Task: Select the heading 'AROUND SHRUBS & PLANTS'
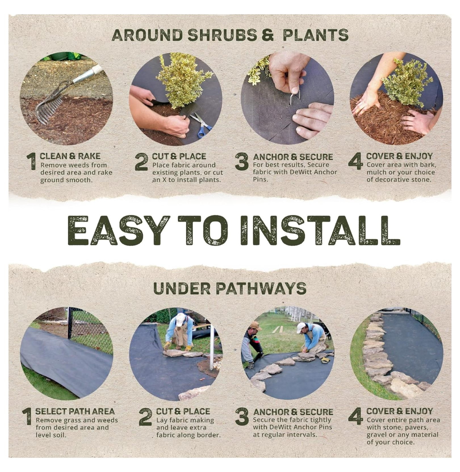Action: click(x=230, y=35)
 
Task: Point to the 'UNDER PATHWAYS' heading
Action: click(x=230, y=288)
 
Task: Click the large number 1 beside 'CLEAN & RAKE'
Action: click(x=32, y=161)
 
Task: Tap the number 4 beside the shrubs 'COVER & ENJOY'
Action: click(x=355, y=161)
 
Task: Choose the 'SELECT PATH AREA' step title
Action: click(x=75, y=411)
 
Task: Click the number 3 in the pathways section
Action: click(x=242, y=417)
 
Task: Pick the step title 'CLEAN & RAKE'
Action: click(x=70, y=156)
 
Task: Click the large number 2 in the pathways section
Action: click(x=145, y=417)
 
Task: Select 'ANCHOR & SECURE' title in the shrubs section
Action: click(x=293, y=157)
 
